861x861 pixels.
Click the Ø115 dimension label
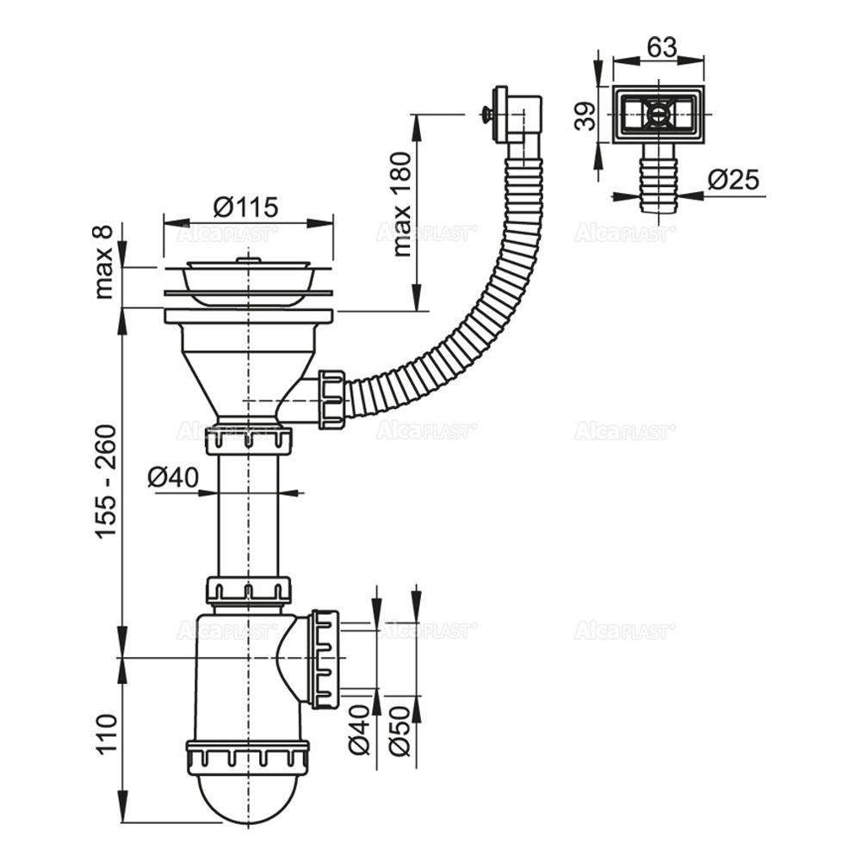tap(246, 208)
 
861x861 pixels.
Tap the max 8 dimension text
tap(104, 260)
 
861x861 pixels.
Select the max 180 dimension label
tap(402, 205)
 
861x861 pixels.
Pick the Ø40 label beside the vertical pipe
tap(173, 477)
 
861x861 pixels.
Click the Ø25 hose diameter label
tap(734, 180)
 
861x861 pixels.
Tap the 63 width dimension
tap(660, 47)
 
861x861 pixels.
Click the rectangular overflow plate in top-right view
tap(659, 114)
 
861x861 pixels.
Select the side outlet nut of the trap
tap(325, 659)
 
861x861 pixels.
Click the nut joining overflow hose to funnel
tap(331, 400)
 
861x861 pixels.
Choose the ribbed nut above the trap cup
tap(247, 755)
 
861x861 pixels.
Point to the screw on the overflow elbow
tap(486, 113)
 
